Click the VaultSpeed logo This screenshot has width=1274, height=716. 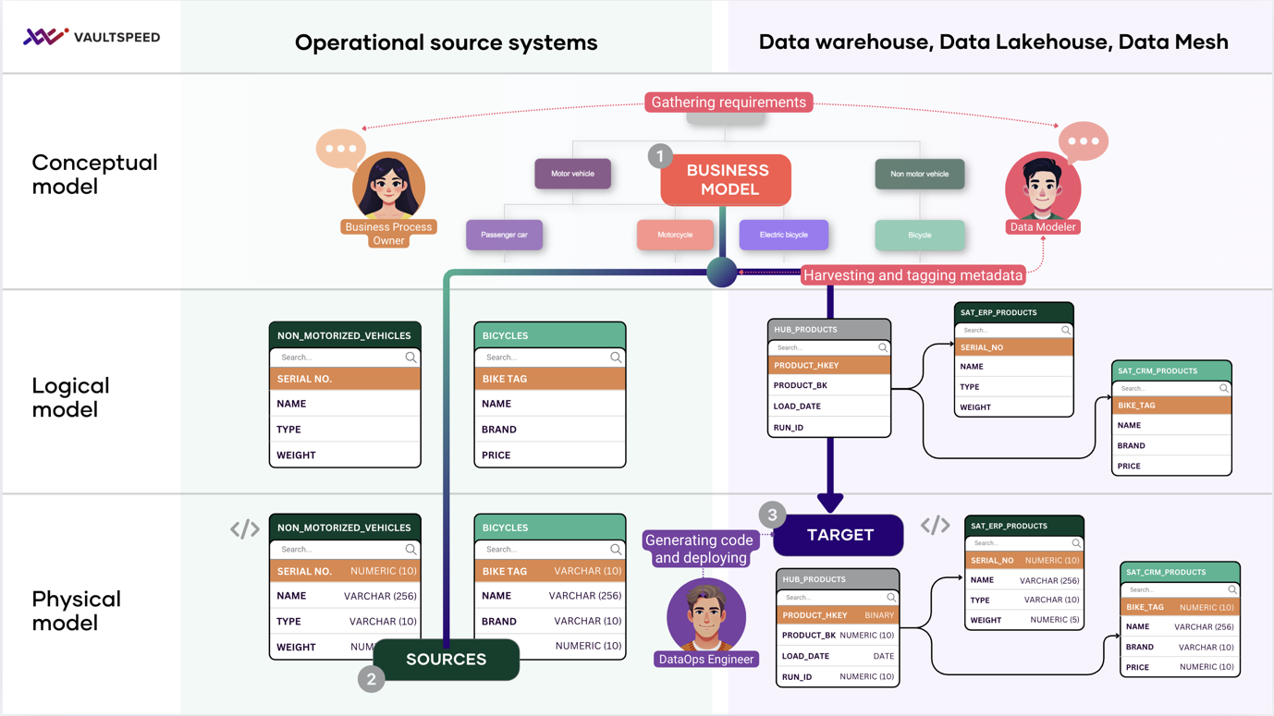[91, 37]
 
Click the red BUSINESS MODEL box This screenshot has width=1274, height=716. [727, 180]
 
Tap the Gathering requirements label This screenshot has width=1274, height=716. [729, 103]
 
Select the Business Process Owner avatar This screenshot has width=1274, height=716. [388, 187]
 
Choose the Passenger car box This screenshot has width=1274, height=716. [505, 235]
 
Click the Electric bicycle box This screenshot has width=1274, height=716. [783, 235]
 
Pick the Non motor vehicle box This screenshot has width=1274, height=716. [919, 174]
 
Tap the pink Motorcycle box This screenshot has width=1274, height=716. [674, 235]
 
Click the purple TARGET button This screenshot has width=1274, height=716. [839, 535]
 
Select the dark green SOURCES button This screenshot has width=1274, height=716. [447, 660]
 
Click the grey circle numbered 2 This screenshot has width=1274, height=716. [371, 679]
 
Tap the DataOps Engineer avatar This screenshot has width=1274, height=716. [706, 616]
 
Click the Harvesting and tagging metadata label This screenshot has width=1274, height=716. [913, 275]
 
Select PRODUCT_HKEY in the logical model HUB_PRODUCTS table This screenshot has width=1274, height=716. [807, 366]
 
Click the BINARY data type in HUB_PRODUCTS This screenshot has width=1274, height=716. [878, 615]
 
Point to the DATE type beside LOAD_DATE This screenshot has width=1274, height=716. [883, 656]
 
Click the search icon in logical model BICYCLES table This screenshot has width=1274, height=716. [616, 358]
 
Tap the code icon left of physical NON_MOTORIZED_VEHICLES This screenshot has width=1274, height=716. [245, 528]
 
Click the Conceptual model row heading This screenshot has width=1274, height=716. [94, 175]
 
